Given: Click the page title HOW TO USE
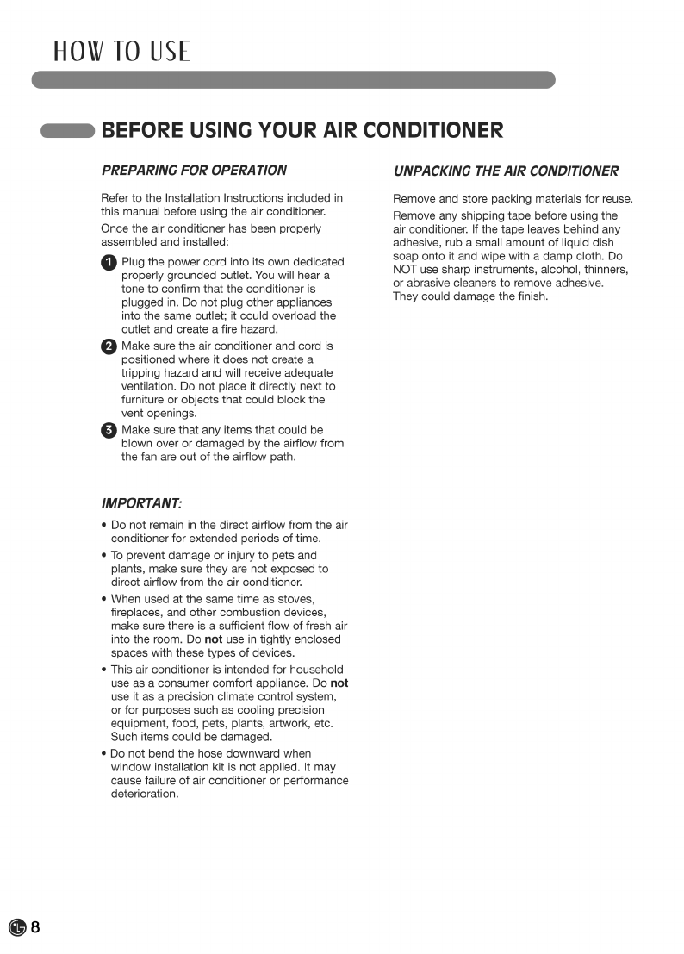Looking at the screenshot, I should [x=121, y=52].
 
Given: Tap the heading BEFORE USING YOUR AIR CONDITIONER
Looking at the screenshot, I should [x=302, y=131].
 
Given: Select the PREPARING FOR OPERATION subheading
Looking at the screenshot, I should [x=194, y=170].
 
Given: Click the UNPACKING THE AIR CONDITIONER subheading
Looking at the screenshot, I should [x=506, y=171].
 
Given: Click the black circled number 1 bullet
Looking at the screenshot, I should [x=109, y=262].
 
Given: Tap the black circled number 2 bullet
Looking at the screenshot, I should [x=109, y=346].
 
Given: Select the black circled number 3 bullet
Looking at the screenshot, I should [x=109, y=431].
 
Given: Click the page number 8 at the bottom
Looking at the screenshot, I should [x=35, y=927].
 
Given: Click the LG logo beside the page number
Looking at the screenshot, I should [x=17, y=928].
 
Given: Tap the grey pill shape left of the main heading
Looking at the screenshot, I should [x=66, y=131].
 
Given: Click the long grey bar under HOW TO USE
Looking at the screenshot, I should [x=293, y=80].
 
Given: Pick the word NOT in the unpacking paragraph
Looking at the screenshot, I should [x=406, y=270].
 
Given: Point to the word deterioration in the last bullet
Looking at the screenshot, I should [x=145, y=794].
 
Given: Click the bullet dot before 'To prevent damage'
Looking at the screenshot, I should [x=104, y=556].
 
